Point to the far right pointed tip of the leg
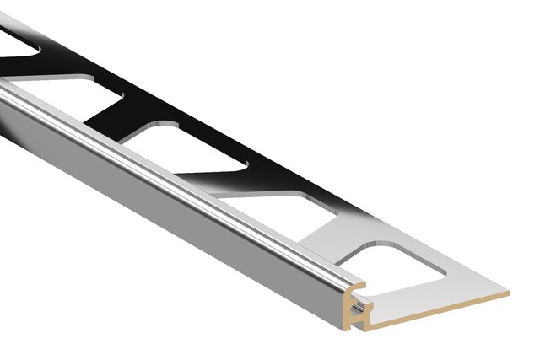[508, 294]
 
